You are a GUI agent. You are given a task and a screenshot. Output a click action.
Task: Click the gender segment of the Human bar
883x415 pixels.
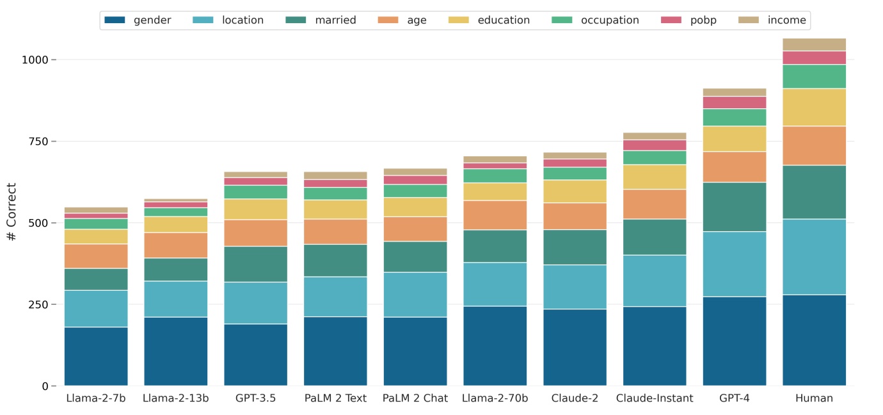(x=814, y=340)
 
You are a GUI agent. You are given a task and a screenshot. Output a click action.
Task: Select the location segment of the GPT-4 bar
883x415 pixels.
(x=734, y=264)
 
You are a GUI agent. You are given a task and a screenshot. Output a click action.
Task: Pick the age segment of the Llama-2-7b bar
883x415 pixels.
(x=96, y=256)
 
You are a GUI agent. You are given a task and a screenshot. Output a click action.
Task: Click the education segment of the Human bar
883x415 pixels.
(x=814, y=108)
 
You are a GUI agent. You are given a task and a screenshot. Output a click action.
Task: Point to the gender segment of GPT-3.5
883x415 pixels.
(x=255, y=355)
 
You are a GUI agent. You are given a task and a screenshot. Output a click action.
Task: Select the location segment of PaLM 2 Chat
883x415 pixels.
(x=415, y=295)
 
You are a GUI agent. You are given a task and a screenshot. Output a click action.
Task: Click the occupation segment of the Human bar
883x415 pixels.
(x=814, y=76)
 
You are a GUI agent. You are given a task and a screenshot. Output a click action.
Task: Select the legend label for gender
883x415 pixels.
(x=152, y=20)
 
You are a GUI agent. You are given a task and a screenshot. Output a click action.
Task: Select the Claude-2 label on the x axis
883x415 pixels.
(x=575, y=398)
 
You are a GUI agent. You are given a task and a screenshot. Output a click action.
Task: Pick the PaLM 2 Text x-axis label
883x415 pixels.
(x=335, y=398)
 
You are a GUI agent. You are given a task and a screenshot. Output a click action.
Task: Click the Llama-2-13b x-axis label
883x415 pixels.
(x=175, y=398)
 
